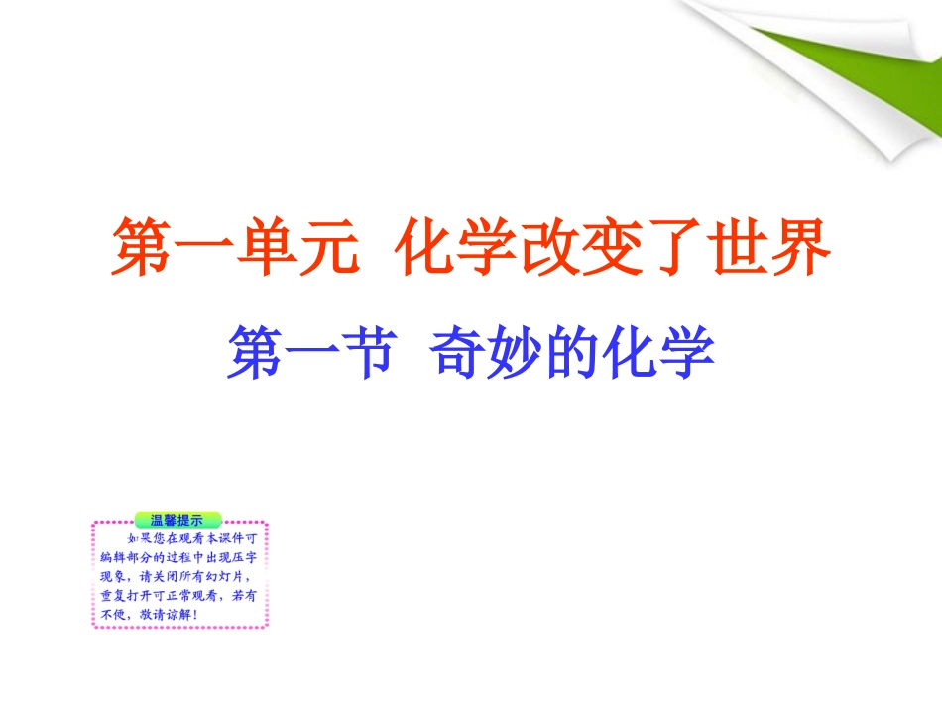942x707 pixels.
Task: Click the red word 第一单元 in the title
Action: click(234, 248)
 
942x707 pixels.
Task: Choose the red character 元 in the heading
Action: click(322, 248)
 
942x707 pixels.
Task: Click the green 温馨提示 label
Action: click(177, 519)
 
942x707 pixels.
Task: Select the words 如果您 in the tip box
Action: click(142, 538)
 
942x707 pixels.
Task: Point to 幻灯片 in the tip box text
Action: click(229, 576)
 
